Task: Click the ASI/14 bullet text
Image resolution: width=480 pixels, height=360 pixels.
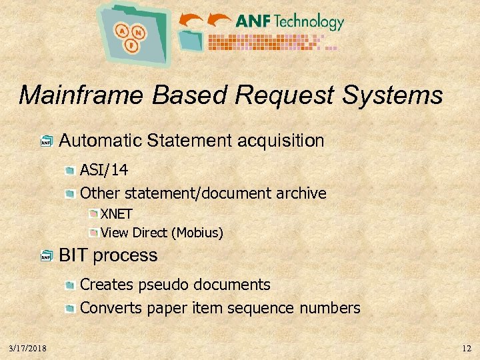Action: [104, 170]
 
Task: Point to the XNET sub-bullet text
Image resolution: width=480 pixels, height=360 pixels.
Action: [117, 215]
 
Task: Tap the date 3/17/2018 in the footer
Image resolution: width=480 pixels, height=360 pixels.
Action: [27, 349]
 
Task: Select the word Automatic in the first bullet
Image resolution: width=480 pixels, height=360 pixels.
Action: [100, 141]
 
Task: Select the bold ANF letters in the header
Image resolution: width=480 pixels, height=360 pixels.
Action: [252, 21]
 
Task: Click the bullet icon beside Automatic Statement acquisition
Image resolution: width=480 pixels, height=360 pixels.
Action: [46, 142]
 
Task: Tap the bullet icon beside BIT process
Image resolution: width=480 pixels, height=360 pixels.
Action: [46, 257]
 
